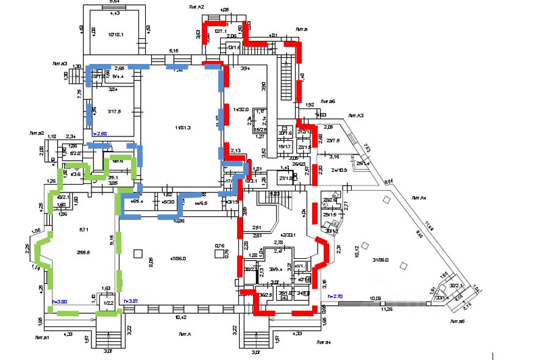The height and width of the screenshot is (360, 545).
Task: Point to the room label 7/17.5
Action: [x=114, y=111]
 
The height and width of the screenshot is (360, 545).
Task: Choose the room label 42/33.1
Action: [x=287, y=235]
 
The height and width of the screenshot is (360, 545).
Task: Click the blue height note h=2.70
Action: [x=336, y=296]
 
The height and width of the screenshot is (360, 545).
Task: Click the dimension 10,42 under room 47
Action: [x=180, y=317]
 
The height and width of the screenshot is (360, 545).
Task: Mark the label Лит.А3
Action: [x=355, y=115]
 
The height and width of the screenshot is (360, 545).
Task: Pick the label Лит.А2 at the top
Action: [x=196, y=6]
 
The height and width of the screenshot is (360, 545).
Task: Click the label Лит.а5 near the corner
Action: [x=458, y=321]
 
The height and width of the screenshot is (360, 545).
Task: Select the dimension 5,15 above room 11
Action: [x=174, y=50]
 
